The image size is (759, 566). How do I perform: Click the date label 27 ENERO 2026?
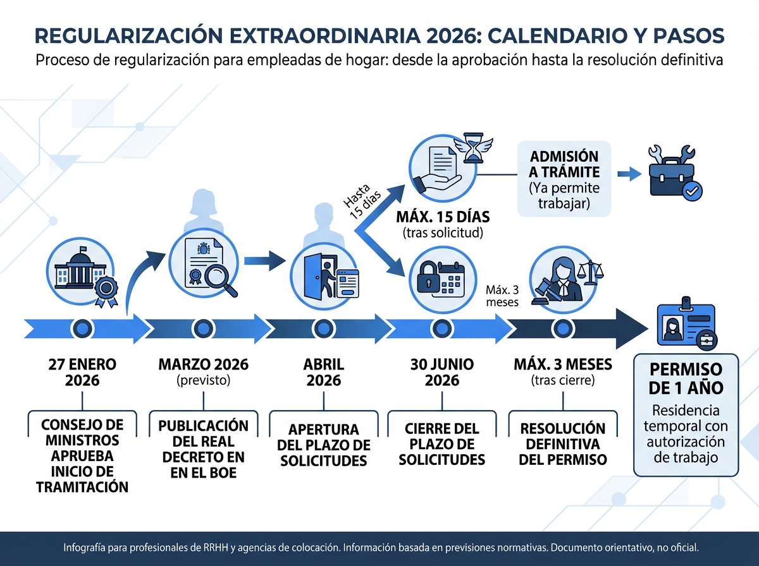(x=82, y=372)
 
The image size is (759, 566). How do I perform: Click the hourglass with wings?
(x=472, y=148)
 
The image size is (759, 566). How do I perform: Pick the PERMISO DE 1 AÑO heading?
(x=686, y=377)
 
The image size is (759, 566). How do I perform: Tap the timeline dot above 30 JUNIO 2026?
(x=441, y=328)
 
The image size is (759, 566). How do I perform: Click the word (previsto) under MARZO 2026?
(x=203, y=381)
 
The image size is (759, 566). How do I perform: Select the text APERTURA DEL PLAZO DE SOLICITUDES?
(x=323, y=445)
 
